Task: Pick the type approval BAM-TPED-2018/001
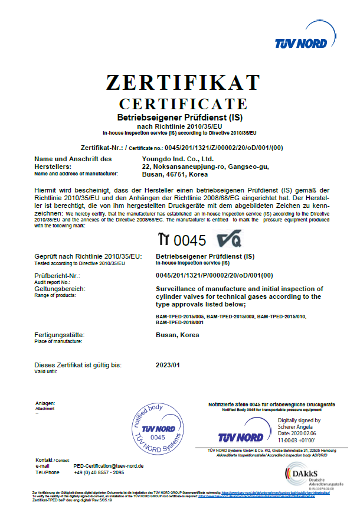[179, 322]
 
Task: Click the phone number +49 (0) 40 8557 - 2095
[99, 472]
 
